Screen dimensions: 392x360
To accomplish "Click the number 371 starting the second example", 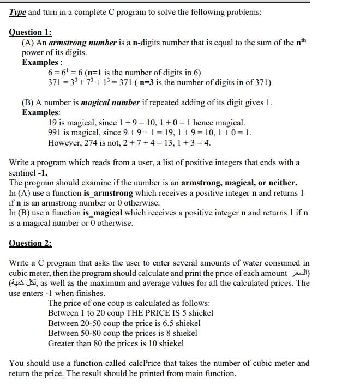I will tap(55, 83).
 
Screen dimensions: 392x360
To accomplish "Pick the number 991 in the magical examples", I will tap(55, 133).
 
